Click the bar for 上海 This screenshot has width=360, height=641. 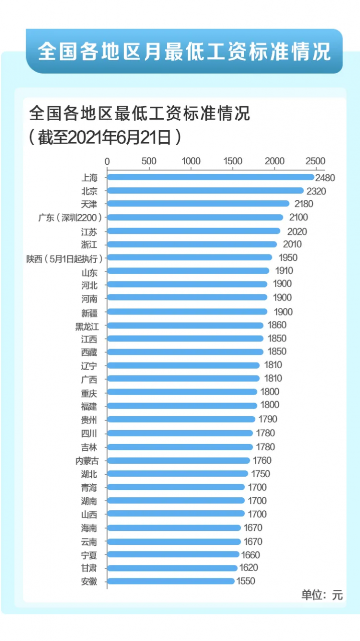coord(210,177)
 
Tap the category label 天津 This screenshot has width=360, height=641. coord(89,204)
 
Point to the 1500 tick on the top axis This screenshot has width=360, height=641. coord(233,161)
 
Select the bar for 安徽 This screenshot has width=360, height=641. coord(171,581)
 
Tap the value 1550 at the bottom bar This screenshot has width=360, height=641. coord(246,581)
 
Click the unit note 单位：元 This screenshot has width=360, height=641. coord(322,595)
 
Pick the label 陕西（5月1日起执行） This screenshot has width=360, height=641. coord(65,258)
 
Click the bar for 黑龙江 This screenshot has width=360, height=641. coord(185,326)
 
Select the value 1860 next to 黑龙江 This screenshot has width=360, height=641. coord(277,326)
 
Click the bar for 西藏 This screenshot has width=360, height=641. coord(185,352)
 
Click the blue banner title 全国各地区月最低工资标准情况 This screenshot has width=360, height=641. coord(184,52)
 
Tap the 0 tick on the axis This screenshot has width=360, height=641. coord(107,161)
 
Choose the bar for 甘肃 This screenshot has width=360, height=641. coord(172,568)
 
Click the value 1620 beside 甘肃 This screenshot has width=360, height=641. coord(248,568)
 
